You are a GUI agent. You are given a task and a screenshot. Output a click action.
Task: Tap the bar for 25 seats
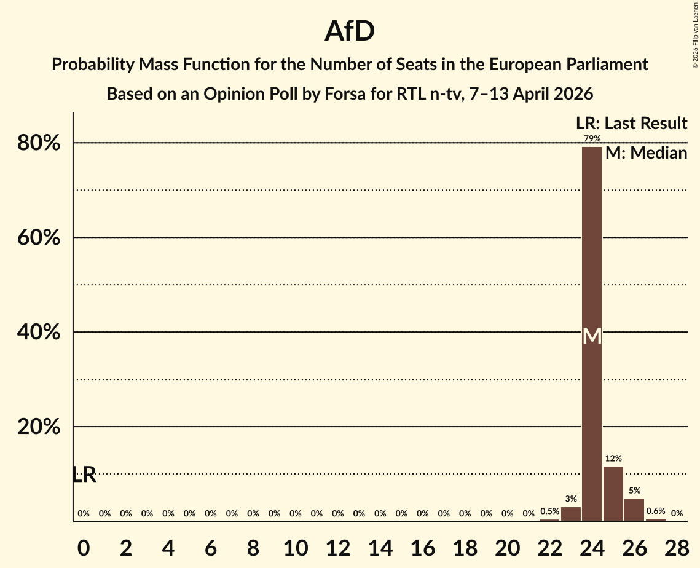pos(613,494)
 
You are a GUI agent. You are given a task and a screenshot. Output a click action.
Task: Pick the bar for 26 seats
pos(634,510)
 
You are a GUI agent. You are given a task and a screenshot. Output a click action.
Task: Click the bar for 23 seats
pos(571,514)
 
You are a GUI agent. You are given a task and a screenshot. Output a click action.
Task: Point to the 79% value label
pos(592,139)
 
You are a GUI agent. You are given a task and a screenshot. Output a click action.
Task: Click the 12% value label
pos(613,459)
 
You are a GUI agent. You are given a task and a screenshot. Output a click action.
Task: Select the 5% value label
pos(634,491)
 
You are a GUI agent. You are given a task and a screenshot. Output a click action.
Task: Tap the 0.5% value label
pos(549,511)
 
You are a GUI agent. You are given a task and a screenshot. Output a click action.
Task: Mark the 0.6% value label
pos(656,511)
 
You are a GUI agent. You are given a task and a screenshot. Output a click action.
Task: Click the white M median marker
pos(592,336)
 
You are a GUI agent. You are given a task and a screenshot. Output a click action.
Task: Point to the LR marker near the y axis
pos(84,475)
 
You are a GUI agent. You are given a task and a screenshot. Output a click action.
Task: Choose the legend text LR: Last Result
pos(631,124)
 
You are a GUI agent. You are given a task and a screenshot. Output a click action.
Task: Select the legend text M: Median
pos(646,153)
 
